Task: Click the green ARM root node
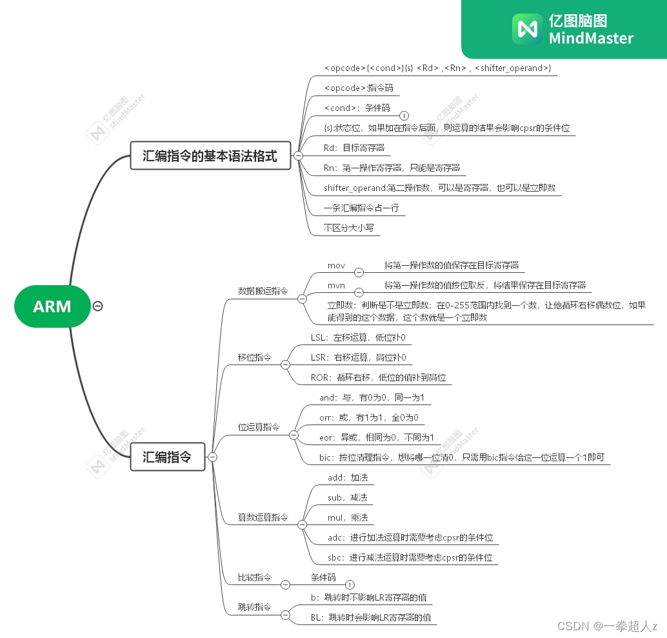pyautogui.click(x=52, y=306)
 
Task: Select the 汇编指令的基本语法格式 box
pyautogui.click(x=210, y=156)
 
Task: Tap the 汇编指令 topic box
pyautogui.click(x=167, y=457)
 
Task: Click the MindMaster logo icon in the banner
pyautogui.click(x=526, y=29)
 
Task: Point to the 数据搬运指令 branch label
pyautogui.click(x=263, y=292)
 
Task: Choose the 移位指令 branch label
pyautogui.click(x=255, y=357)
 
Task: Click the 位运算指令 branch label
pyautogui.click(x=259, y=427)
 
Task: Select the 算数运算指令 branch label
pyautogui.click(x=263, y=517)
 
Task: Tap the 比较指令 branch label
pyautogui.click(x=255, y=577)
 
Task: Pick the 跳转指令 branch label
pyautogui.click(x=255, y=608)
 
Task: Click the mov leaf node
pyautogui.click(x=336, y=266)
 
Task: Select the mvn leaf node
pyautogui.click(x=336, y=285)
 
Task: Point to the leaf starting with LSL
pyautogui.click(x=358, y=337)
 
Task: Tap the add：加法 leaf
pyautogui.click(x=348, y=478)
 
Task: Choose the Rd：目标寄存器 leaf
pyautogui.click(x=354, y=148)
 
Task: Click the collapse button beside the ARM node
pyautogui.click(x=97, y=306)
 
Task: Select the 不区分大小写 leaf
pyautogui.click(x=349, y=228)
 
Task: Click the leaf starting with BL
pyautogui.click(x=371, y=617)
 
